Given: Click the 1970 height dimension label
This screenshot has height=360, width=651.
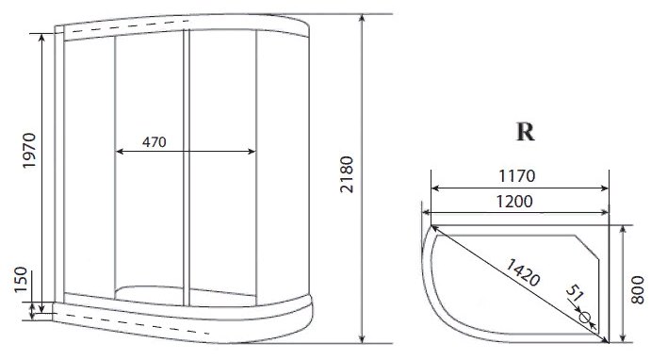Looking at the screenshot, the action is click(x=29, y=151).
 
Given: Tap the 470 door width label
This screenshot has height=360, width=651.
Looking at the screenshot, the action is click(x=154, y=142).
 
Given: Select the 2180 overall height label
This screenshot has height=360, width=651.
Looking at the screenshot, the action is click(x=347, y=174).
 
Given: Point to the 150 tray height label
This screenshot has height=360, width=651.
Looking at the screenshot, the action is click(x=21, y=280).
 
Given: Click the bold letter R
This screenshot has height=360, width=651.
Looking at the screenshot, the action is click(x=525, y=132).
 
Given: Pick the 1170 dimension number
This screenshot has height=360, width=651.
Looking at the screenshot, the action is click(x=517, y=176).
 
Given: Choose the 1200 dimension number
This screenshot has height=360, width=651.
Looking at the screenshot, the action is click(x=514, y=202).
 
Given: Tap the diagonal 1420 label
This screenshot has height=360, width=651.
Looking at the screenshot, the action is click(x=523, y=272).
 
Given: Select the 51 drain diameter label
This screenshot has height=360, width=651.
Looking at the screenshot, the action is click(x=575, y=293).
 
